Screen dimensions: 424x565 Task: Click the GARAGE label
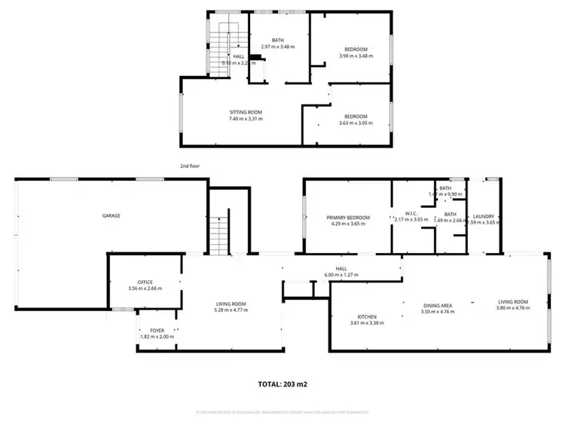(111, 216)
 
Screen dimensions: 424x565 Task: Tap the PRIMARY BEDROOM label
(346, 218)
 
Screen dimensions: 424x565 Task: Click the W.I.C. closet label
(411, 213)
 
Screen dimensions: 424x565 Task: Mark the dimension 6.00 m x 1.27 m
(341, 275)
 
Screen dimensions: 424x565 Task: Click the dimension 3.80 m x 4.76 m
(512, 308)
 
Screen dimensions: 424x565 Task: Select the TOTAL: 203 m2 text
(282, 384)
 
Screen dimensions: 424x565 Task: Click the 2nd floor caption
(190, 166)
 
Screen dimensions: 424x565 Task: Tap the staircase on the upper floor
(228, 45)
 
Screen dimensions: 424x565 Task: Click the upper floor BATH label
(277, 41)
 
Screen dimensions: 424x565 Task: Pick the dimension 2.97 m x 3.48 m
(277, 47)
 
